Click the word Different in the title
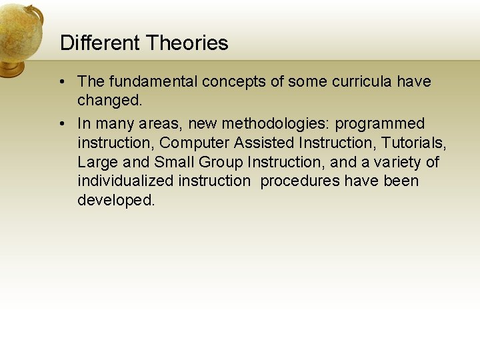100,43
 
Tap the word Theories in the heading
187,43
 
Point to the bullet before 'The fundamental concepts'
61,82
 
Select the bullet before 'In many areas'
61,124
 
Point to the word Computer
195,143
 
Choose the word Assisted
265,143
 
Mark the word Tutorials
413,143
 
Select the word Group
221,162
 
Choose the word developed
115,200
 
